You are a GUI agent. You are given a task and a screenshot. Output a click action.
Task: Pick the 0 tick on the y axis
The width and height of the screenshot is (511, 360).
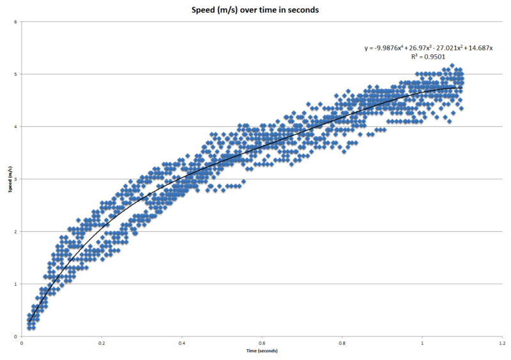(x=15, y=336)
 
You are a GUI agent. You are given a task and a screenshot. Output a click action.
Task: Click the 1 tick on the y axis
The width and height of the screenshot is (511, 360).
(x=15, y=284)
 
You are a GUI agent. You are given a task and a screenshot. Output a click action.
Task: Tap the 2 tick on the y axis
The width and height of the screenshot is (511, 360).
(x=15, y=231)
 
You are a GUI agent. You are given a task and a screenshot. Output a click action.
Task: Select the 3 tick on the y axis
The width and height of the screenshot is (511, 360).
(x=15, y=179)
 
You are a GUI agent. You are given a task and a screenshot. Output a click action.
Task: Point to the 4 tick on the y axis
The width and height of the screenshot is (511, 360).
(x=15, y=126)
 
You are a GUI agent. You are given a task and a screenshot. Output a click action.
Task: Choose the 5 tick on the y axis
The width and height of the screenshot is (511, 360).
(x=15, y=74)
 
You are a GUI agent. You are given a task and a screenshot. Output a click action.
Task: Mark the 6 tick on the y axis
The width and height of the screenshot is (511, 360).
(x=15, y=22)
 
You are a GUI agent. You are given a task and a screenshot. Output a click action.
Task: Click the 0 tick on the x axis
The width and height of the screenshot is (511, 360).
(x=22, y=343)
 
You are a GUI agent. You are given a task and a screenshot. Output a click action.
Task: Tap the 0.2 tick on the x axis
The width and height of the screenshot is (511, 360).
(x=102, y=343)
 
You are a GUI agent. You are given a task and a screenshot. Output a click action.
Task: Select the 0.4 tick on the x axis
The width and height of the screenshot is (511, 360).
(x=182, y=343)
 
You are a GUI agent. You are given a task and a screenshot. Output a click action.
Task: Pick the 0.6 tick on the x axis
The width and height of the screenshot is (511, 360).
(x=262, y=343)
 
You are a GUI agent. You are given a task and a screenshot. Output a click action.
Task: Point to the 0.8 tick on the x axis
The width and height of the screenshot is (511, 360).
(x=342, y=343)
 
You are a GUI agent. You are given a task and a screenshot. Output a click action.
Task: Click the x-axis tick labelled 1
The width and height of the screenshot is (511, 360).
(x=422, y=343)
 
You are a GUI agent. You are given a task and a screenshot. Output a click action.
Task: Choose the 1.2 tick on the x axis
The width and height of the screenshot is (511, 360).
(x=502, y=343)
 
